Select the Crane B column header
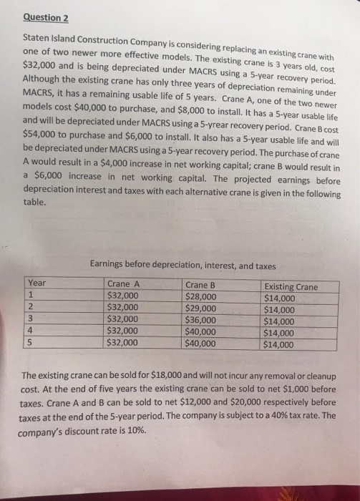(x=201, y=284)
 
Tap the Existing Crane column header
(x=291, y=287)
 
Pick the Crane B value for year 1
(x=201, y=296)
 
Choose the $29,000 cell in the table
(x=201, y=308)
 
